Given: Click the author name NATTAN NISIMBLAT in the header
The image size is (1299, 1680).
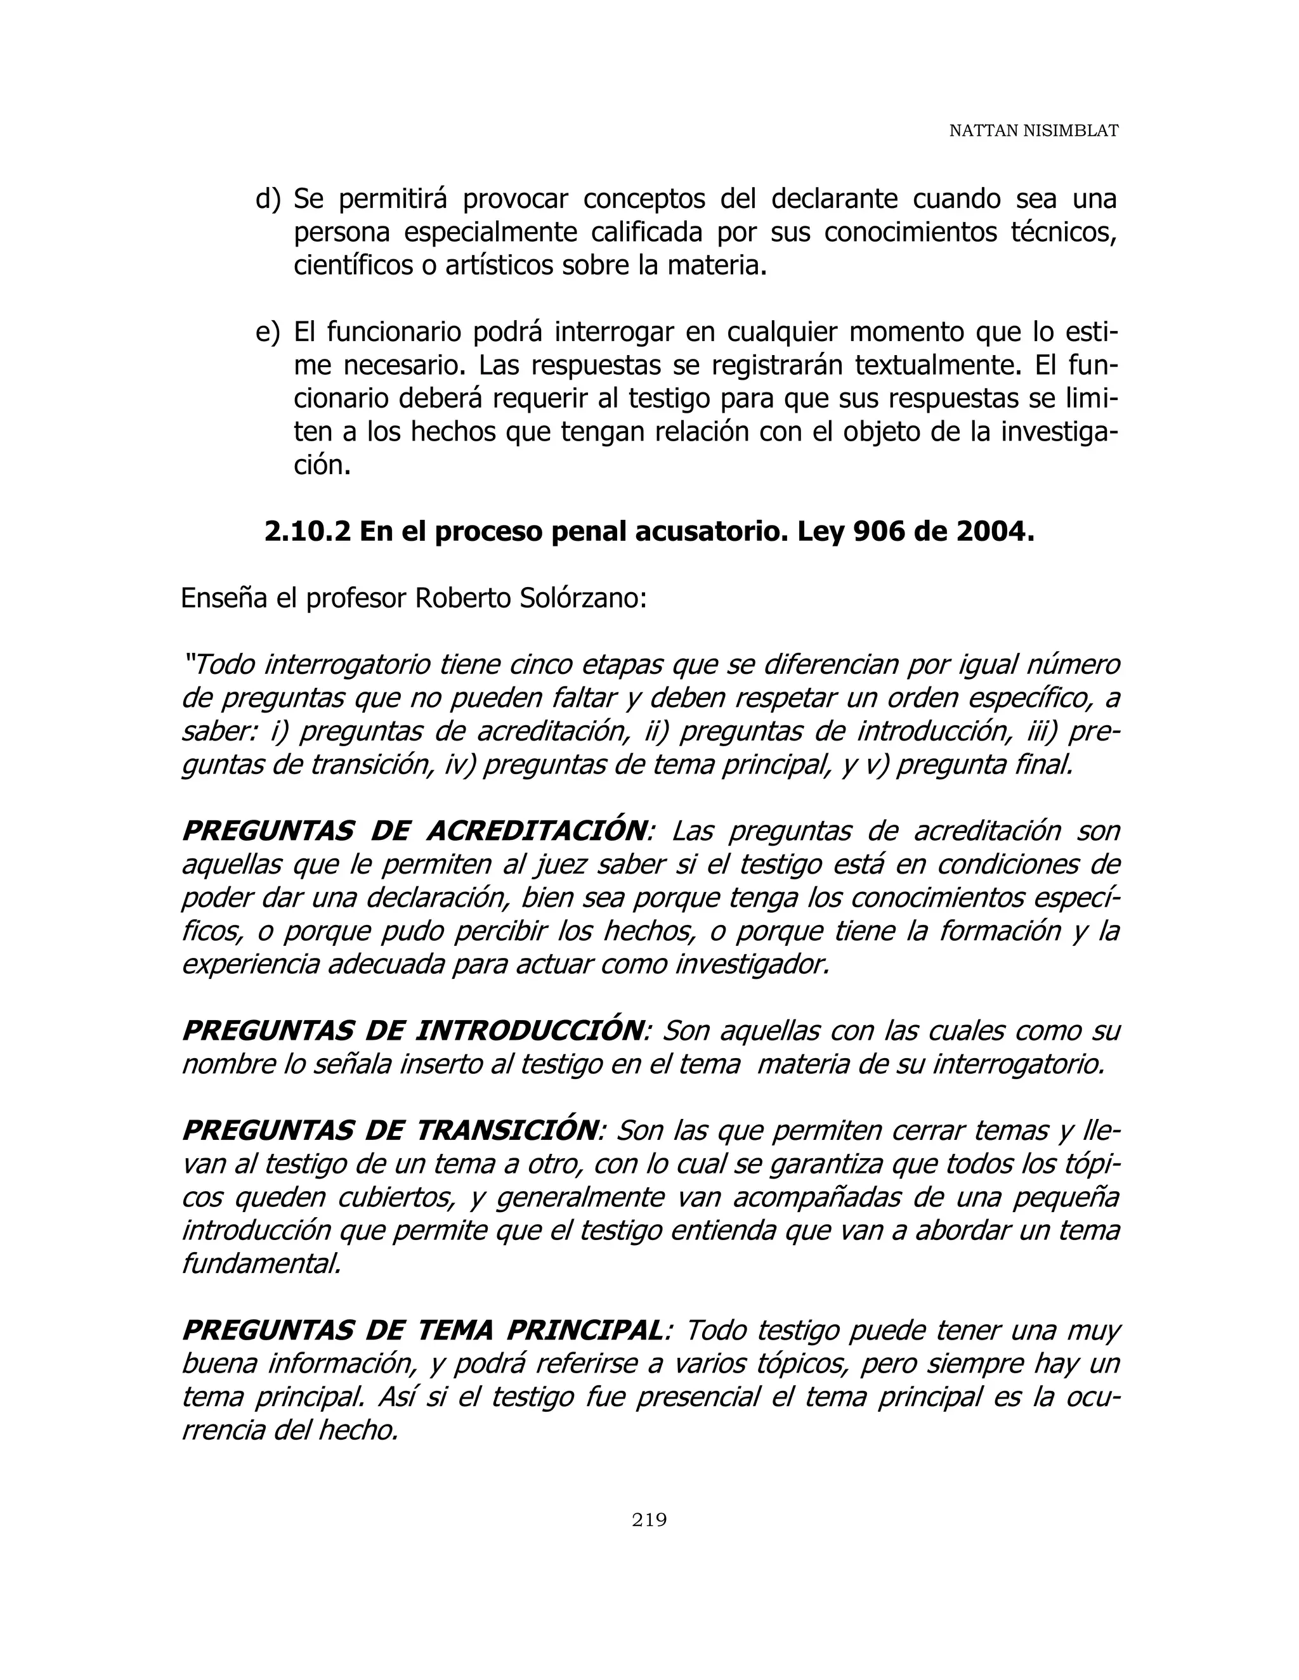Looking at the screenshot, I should click(x=1033, y=131).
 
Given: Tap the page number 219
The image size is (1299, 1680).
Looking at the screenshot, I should click(x=649, y=1519).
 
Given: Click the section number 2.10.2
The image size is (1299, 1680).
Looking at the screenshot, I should click(x=307, y=531).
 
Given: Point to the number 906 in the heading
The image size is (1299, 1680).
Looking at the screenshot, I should click(x=880, y=531).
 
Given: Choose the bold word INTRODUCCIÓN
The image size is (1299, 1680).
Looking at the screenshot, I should click(x=529, y=1031).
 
